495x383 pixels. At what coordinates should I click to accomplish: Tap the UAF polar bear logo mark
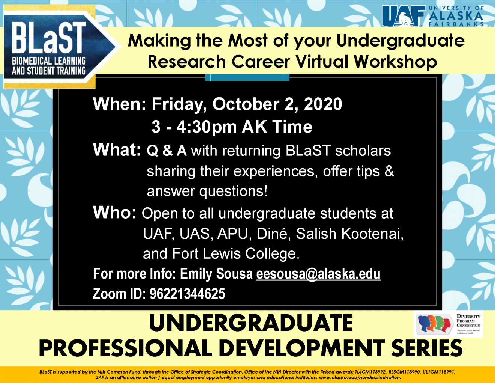point(403,16)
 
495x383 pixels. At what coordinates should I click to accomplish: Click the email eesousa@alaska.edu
point(318,274)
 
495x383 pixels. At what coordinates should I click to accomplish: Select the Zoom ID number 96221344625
point(187,294)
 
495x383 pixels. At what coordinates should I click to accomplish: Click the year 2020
point(323,104)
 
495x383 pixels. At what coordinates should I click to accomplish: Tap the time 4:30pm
point(207,127)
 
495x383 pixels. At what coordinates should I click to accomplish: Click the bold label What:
point(117,150)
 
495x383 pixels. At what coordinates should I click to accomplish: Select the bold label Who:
point(115,213)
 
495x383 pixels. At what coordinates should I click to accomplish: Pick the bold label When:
point(119,104)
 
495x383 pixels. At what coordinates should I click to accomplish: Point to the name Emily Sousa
point(216,274)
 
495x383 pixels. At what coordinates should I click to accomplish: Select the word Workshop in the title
point(395,62)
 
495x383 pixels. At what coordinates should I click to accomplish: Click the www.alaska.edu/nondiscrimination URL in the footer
point(360,377)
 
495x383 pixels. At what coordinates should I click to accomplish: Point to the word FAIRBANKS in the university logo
point(456,24)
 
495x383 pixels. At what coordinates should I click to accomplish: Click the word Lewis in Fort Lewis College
point(222,254)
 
